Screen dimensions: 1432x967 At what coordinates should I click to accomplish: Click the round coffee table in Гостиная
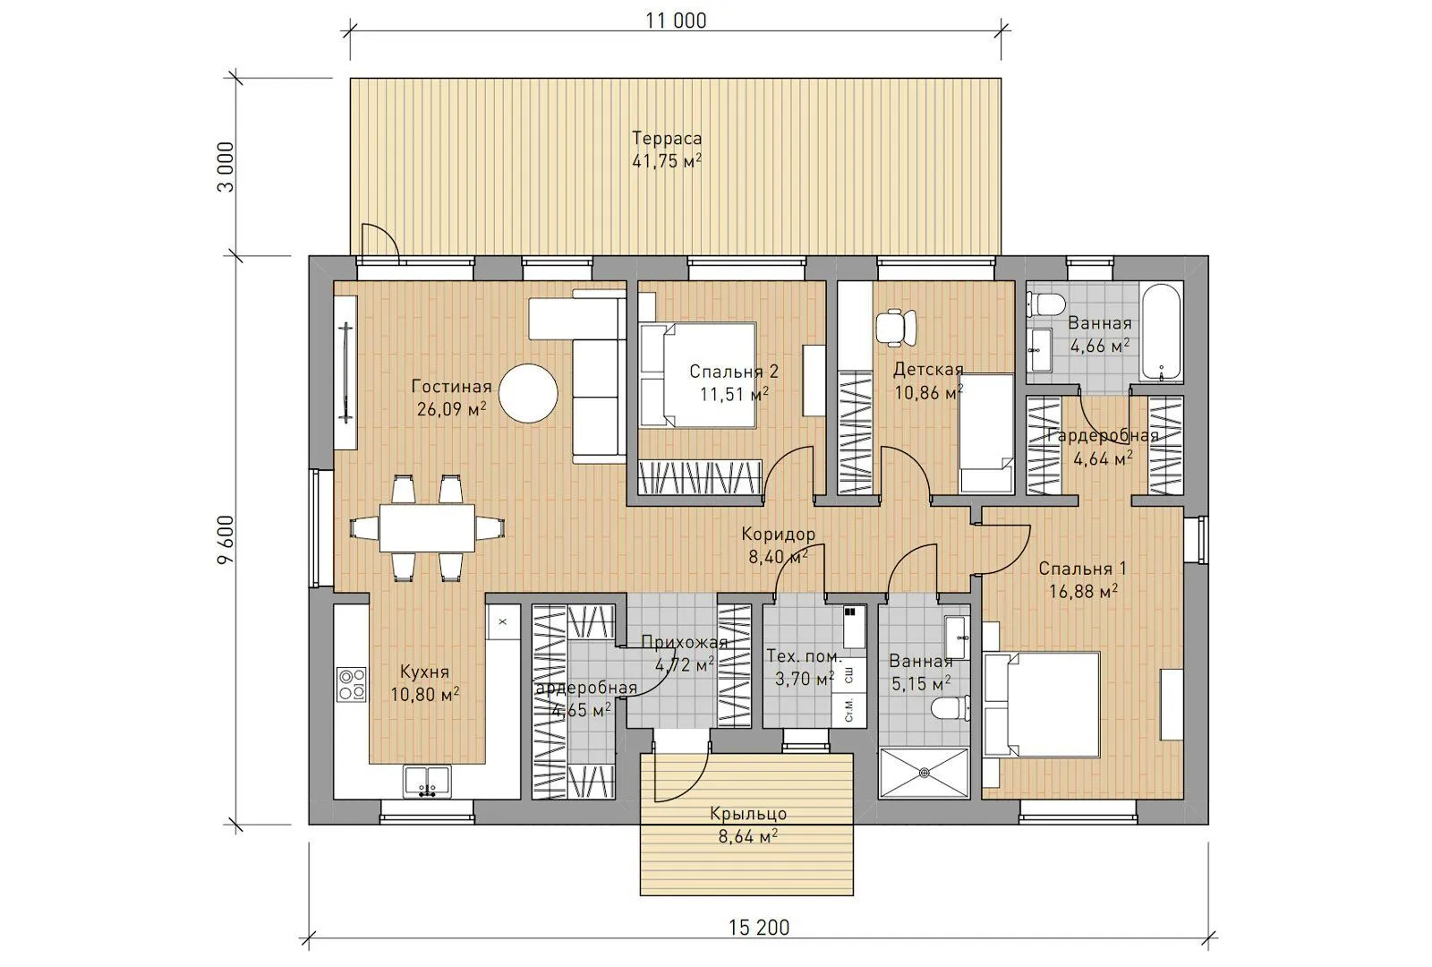coord(528,393)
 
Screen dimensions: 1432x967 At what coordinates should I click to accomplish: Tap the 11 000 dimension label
coord(676,21)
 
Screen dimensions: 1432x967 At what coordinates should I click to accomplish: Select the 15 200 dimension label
coord(759,928)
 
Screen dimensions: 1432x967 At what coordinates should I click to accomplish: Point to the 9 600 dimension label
coord(226,540)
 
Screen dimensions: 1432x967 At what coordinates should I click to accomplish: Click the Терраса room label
coord(667,138)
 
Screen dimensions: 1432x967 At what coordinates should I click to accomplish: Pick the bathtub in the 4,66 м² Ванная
coord(1162,332)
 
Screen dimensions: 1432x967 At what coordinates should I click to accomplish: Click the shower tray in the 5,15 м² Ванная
coord(924,774)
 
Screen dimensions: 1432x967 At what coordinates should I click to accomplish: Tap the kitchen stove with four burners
coord(352,684)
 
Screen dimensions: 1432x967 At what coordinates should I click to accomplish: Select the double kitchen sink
coord(427,782)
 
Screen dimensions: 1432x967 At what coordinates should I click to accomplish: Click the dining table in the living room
coord(427,528)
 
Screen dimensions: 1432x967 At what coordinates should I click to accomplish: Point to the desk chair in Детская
coord(895,328)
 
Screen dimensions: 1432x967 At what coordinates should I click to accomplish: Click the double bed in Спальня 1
coord(1042,704)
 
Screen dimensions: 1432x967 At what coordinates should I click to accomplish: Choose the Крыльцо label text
coord(748,814)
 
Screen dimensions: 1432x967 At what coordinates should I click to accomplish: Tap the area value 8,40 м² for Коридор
coord(778,557)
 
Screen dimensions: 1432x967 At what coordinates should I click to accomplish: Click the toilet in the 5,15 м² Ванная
coord(950,708)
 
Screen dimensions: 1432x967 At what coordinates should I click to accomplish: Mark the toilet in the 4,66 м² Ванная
coord(1046,304)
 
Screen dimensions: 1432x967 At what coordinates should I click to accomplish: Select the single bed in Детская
coord(985,433)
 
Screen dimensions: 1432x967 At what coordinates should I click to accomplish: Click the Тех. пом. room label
coord(805,656)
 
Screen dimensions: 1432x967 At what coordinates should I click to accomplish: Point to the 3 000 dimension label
coord(226,167)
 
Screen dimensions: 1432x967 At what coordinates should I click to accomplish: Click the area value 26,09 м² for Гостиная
coord(451,409)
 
